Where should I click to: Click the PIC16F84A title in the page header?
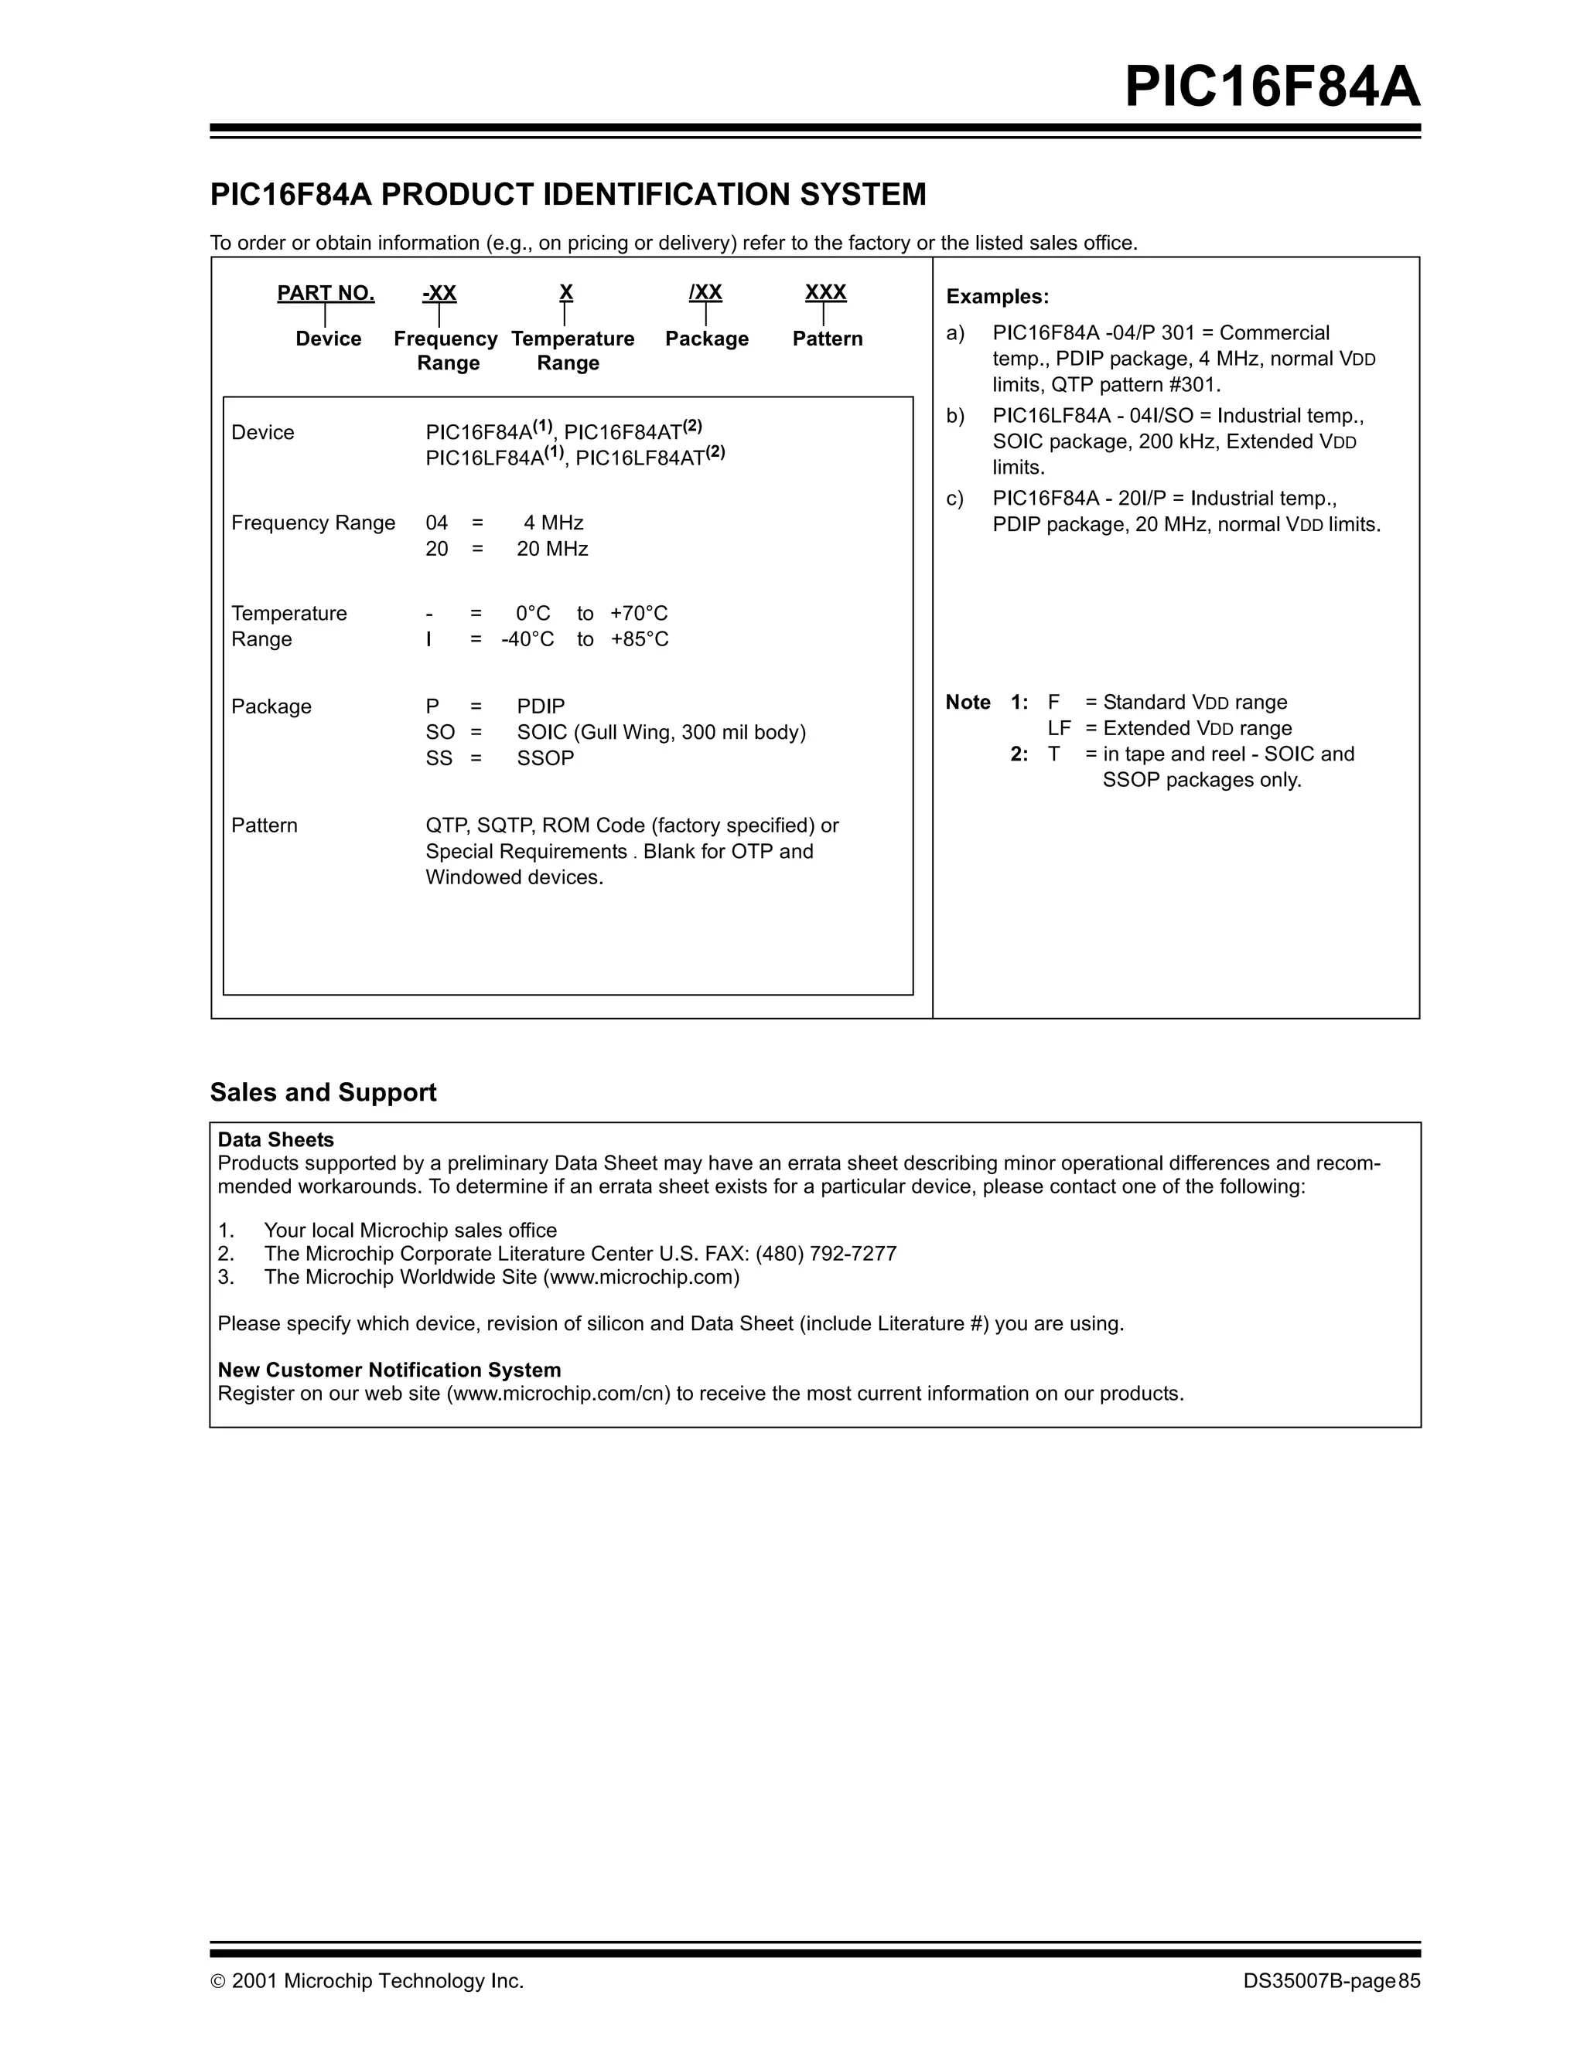point(1272,87)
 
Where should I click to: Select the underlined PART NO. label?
point(326,293)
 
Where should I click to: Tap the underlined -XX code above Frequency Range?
point(439,293)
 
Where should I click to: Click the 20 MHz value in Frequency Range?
point(552,549)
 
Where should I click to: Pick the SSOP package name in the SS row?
point(544,758)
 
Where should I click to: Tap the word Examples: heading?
point(997,297)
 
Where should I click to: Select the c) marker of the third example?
point(955,499)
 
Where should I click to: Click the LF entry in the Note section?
point(1058,729)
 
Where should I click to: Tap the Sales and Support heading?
point(323,1092)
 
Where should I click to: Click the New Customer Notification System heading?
point(389,1370)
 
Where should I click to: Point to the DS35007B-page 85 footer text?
point(1331,1980)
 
